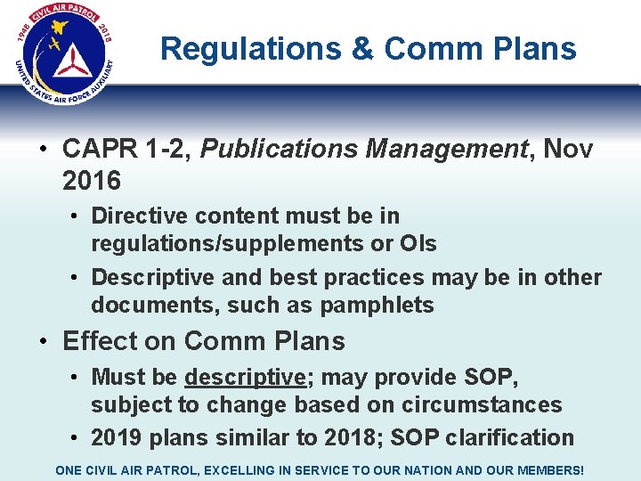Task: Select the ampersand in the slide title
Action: tap(362, 48)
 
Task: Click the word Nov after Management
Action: tap(567, 149)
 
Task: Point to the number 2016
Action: tap(92, 181)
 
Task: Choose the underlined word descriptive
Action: tap(245, 377)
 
